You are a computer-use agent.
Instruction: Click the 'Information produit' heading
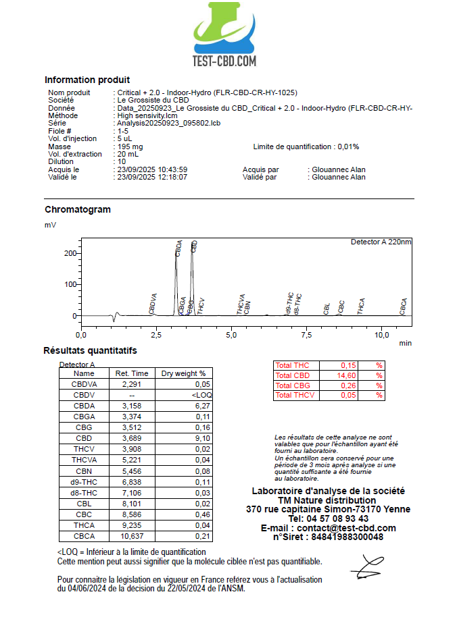(x=87, y=80)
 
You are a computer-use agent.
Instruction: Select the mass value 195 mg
(x=130, y=146)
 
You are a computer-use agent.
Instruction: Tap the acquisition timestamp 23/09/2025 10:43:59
(x=152, y=169)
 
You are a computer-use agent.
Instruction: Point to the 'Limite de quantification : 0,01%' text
(x=306, y=146)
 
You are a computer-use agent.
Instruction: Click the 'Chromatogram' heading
(x=77, y=209)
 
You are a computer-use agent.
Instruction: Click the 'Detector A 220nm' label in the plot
(x=381, y=242)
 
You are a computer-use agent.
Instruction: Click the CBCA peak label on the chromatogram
(x=404, y=306)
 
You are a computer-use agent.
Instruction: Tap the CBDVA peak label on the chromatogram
(x=153, y=303)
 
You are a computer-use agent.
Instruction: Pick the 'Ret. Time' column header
(x=132, y=373)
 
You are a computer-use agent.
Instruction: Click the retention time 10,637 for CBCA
(x=132, y=537)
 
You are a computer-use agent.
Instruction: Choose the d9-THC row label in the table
(x=85, y=482)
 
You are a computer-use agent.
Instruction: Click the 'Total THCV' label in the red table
(x=295, y=395)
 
